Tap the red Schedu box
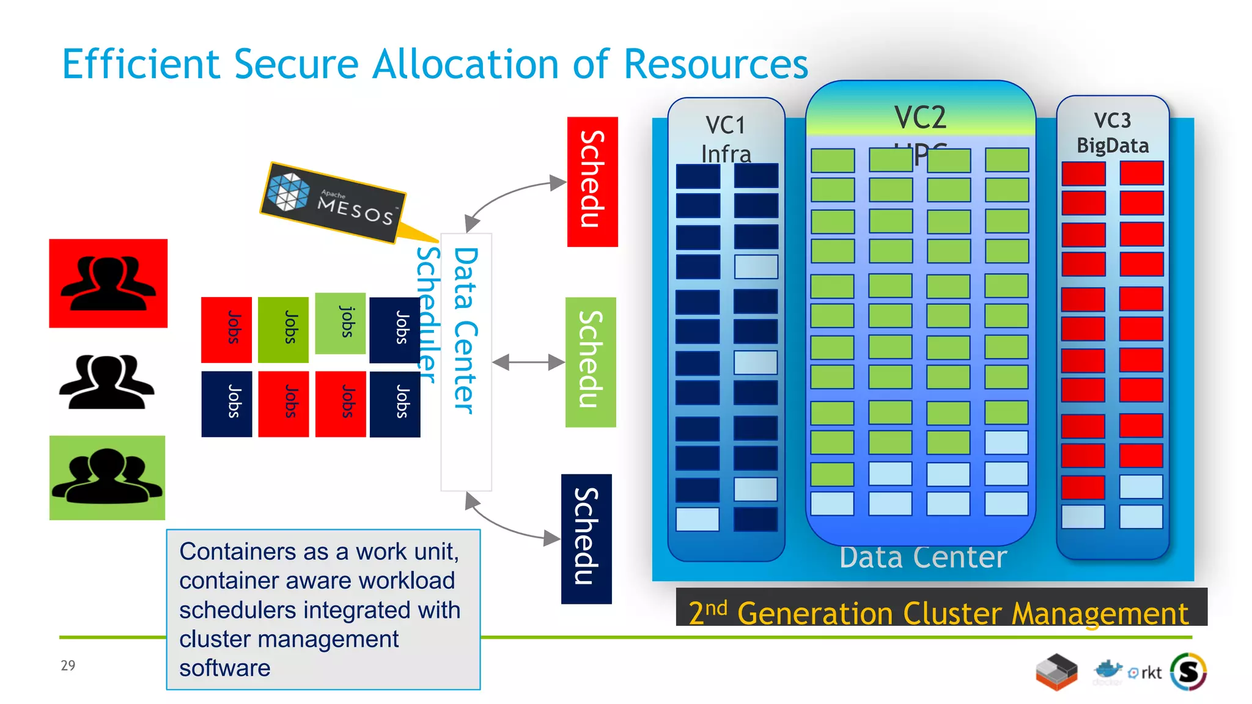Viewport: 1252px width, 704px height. coord(592,182)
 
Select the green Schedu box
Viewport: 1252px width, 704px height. coord(590,362)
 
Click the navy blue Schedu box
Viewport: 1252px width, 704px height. coord(586,538)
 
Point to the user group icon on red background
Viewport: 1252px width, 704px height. coord(108,283)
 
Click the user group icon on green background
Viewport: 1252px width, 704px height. coord(108,477)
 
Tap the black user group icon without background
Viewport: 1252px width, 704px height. coord(106,382)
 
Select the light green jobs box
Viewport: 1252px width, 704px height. coord(341,323)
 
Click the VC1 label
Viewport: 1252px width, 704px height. coord(726,125)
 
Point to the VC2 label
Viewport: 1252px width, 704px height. coord(920,117)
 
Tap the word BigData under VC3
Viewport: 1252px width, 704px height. coord(1112,145)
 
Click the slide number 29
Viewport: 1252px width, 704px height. coord(68,665)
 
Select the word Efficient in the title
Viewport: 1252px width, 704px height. coord(141,64)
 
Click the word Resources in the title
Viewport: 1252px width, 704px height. coord(715,64)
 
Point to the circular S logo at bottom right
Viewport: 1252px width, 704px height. coord(1188,672)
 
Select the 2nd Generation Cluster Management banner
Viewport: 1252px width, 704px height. coord(940,611)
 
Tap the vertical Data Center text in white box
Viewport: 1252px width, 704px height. coord(465,330)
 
